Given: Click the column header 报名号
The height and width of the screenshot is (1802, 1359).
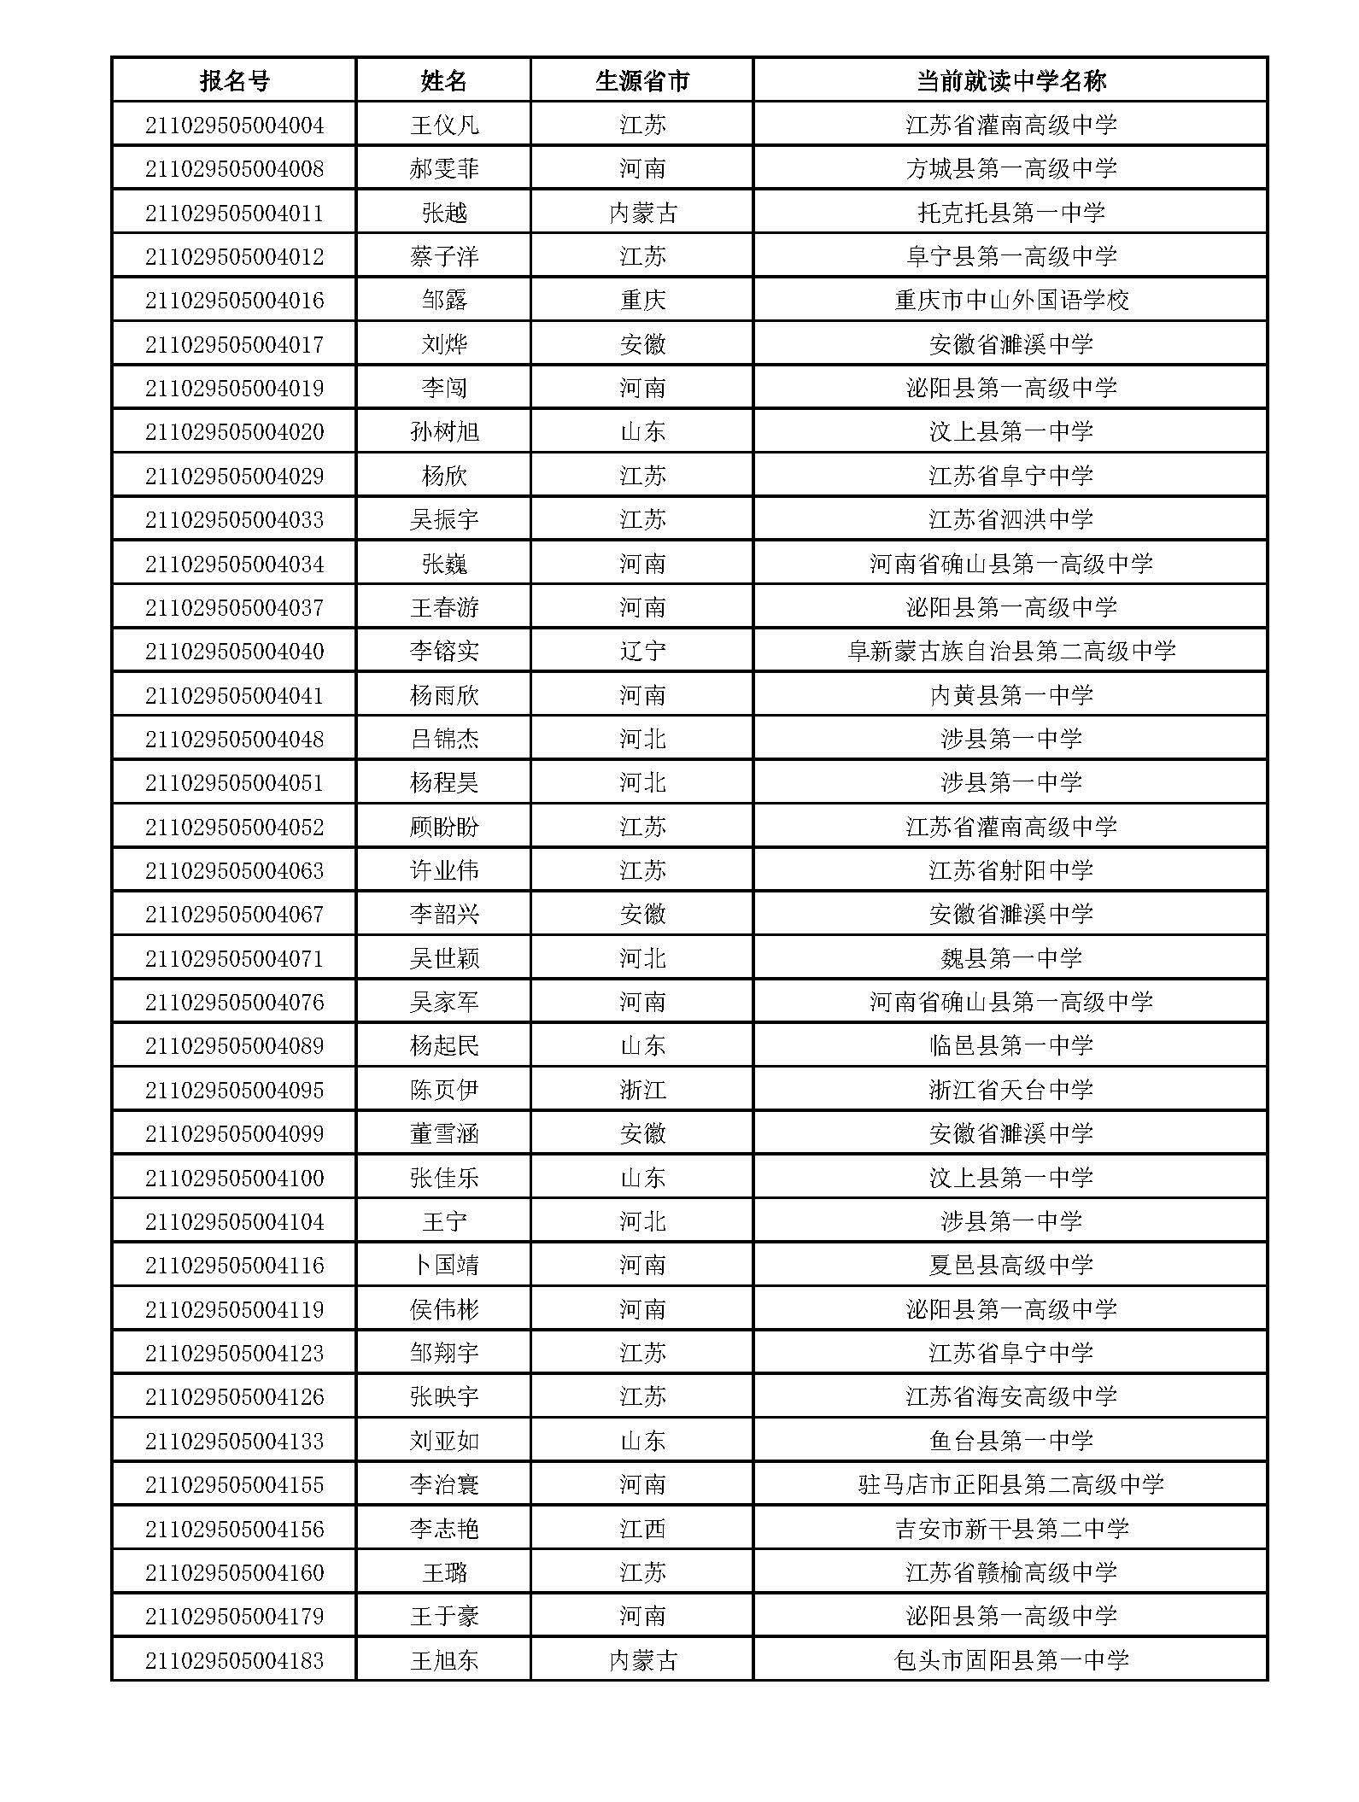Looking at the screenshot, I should [x=234, y=81].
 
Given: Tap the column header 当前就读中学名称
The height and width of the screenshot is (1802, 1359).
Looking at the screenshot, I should [x=1010, y=81].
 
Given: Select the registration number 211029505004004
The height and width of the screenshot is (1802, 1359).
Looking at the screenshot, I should [x=234, y=126].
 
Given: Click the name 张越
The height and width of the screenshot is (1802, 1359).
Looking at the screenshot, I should [x=444, y=213].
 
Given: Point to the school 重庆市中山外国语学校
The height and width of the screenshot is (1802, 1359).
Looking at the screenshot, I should [x=1010, y=301].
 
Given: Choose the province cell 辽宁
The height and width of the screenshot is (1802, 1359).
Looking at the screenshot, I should [x=642, y=652].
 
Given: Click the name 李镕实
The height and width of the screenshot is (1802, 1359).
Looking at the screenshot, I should [x=444, y=652].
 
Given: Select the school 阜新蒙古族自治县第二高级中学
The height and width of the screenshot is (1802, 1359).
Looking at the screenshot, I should [x=1010, y=652].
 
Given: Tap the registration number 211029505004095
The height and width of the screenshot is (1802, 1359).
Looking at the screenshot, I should [x=234, y=1091].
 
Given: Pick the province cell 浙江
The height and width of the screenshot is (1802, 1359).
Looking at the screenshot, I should [x=642, y=1091].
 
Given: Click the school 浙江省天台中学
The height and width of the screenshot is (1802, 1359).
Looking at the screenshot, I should [x=1010, y=1091].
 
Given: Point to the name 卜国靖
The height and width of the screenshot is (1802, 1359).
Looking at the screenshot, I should [x=444, y=1266].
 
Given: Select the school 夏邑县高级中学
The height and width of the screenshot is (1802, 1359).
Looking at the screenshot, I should [x=1010, y=1266].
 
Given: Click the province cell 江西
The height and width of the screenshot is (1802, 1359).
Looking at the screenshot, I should [x=642, y=1529].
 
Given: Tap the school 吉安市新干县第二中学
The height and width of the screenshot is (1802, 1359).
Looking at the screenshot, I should [x=1010, y=1529].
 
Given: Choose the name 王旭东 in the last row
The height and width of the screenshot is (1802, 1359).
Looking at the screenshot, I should [x=444, y=1660].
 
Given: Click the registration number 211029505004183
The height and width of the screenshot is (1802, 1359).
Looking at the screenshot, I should [x=234, y=1660].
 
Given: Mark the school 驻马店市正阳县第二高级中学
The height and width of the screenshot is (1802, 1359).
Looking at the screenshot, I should [x=1010, y=1485].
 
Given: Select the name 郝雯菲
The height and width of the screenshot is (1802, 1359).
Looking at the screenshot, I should [x=444, y=169].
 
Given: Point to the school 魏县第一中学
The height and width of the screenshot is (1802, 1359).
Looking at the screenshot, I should [x=1010, y=958].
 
